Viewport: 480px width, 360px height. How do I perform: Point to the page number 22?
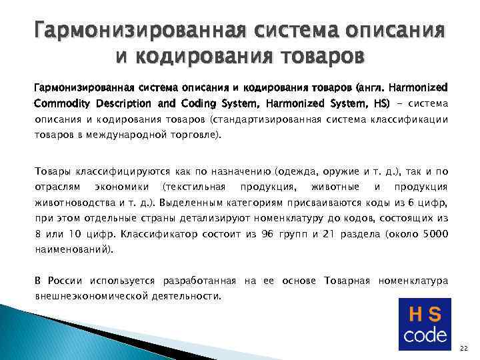click(464, 349)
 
